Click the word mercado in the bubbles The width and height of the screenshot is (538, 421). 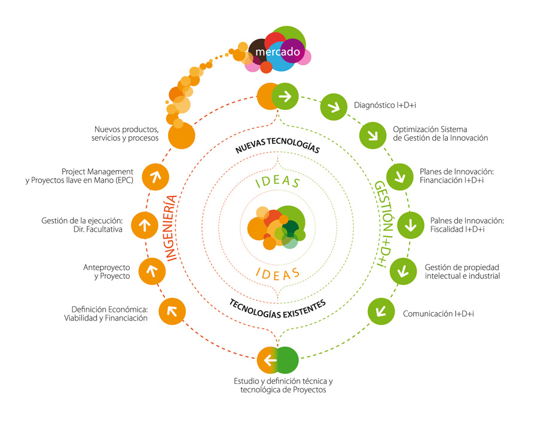[277, 53]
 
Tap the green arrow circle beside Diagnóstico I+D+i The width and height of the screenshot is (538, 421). [334, 107]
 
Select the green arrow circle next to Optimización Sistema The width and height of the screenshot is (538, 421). [372, 134]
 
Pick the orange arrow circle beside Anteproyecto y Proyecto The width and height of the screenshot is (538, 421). [152, 271]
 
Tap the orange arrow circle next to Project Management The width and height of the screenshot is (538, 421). [155, 177]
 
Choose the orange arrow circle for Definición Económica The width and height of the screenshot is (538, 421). [172, 311]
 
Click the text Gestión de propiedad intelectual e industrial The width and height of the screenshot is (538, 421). [461, 272]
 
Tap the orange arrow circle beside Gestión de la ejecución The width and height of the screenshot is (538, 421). [143, 225]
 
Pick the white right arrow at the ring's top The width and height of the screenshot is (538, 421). [285, 96]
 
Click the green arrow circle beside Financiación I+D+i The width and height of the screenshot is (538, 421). [400, 176]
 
